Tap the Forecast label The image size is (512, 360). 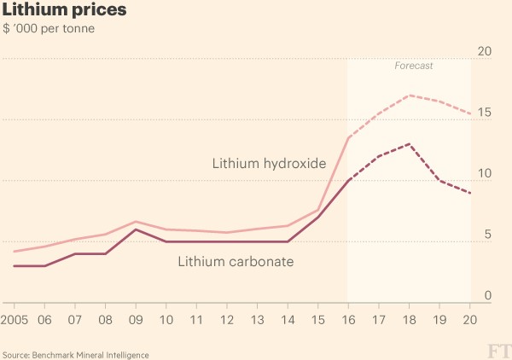point(414,66)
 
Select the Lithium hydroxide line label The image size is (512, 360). point(270,163)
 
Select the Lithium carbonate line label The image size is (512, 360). point(236,261)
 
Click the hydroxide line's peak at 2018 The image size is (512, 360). point(410,95)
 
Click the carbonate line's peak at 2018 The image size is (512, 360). point(410,144)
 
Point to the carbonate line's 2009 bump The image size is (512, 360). point(136,229)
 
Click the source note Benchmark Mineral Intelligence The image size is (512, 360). point(76,354)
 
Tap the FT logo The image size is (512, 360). point(497,351)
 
